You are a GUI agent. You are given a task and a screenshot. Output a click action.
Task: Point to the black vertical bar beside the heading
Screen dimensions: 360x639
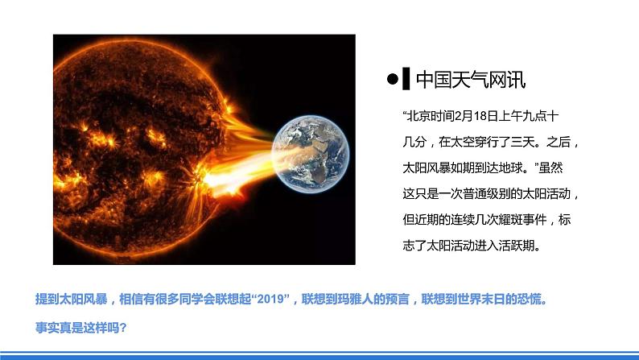407,79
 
